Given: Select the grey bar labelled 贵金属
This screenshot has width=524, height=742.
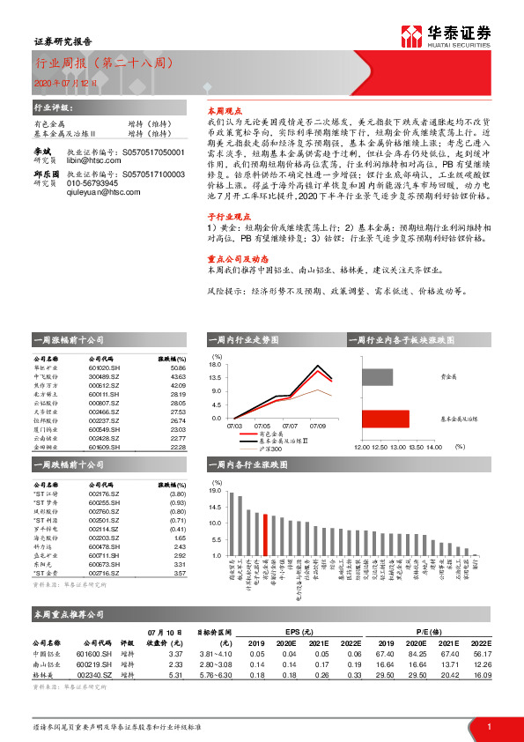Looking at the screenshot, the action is tap(378, 376).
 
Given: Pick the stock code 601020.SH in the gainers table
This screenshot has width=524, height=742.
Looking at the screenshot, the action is tap(104, 367).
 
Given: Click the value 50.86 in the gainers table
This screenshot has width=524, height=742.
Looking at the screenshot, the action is tap(176, 367).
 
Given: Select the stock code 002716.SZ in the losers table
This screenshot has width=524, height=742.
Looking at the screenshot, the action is tap(104, 573).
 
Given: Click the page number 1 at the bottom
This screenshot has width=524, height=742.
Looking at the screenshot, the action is tap(488, 725).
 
